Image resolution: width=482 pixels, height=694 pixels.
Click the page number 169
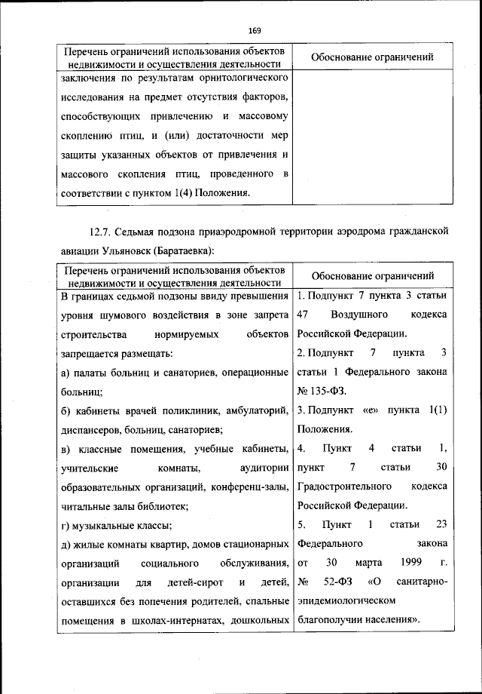tap(254, 30)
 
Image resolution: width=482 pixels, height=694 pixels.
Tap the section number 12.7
tap(102, 230)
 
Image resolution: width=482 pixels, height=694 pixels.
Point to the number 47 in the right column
tap(304, 313)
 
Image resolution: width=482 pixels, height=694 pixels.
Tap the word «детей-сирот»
tap(194, 582)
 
